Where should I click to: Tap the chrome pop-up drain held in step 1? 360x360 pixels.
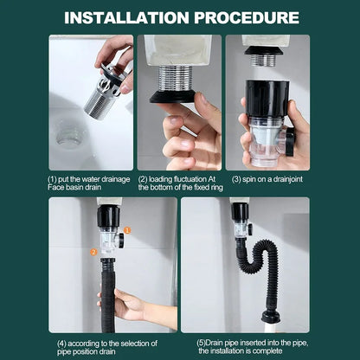click(106, 87)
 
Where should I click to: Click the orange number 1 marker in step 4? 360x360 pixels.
click(126, 229)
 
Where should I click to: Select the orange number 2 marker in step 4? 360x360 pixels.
click(93, 252)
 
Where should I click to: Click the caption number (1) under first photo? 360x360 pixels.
click(53, 177)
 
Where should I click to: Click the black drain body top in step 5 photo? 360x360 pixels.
click(240, 212)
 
